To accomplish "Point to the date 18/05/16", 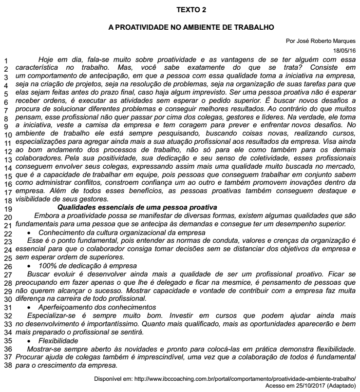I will (x=344, y=50).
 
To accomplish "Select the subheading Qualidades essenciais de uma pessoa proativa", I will (x=137, y=207).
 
